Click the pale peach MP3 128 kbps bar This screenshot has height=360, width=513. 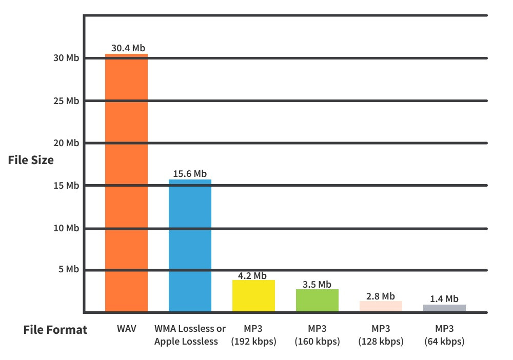click(x=381, y=306)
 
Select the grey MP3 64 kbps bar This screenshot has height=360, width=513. click(x=444, y=308)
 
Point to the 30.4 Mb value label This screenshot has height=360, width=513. click(x=128, y=48)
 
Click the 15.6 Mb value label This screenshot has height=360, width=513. click(x=190, y=174)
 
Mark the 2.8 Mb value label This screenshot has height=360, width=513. click(x=380, y=296)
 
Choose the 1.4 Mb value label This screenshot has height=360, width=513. click(x=444, y=299)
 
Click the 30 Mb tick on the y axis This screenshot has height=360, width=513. click(x=66, y=58)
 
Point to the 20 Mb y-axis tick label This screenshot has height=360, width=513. click(x=66, y=143)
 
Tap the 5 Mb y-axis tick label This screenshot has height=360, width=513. click(x=68, y=270)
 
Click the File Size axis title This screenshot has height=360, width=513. click(x=31, y=160)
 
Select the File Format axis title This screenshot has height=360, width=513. click(x=55, y=330)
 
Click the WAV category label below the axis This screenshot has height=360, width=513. click(x=126, y=329)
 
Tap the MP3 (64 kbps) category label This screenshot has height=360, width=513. click(x=444, y=335)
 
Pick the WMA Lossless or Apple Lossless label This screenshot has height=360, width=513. click(x=190, y=335)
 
